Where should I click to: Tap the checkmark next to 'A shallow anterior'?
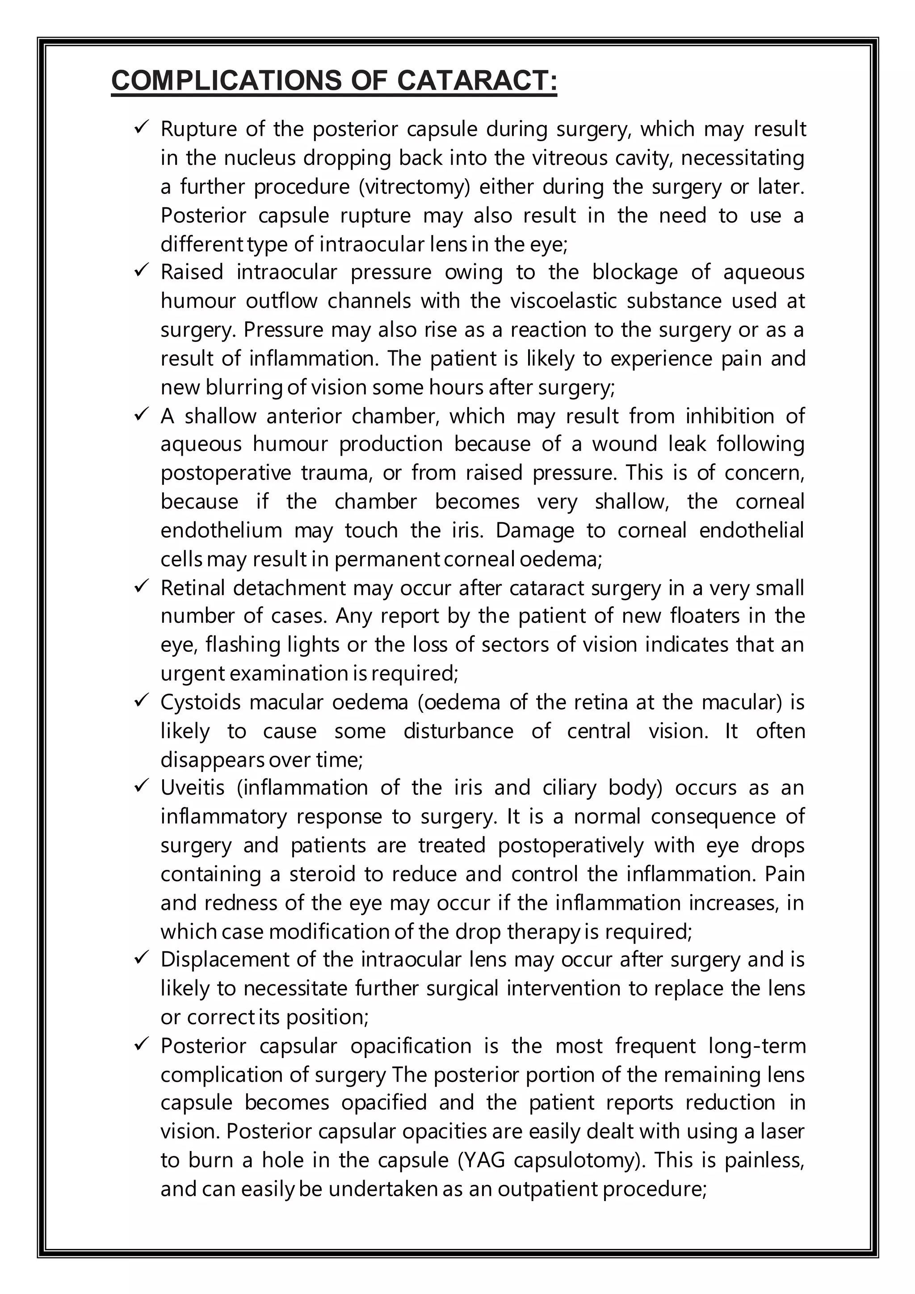point(141,414)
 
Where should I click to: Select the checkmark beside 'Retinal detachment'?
point(141,586)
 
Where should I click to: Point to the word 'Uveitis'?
point(193,787)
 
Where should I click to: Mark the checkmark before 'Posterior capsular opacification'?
point(141,1044)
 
